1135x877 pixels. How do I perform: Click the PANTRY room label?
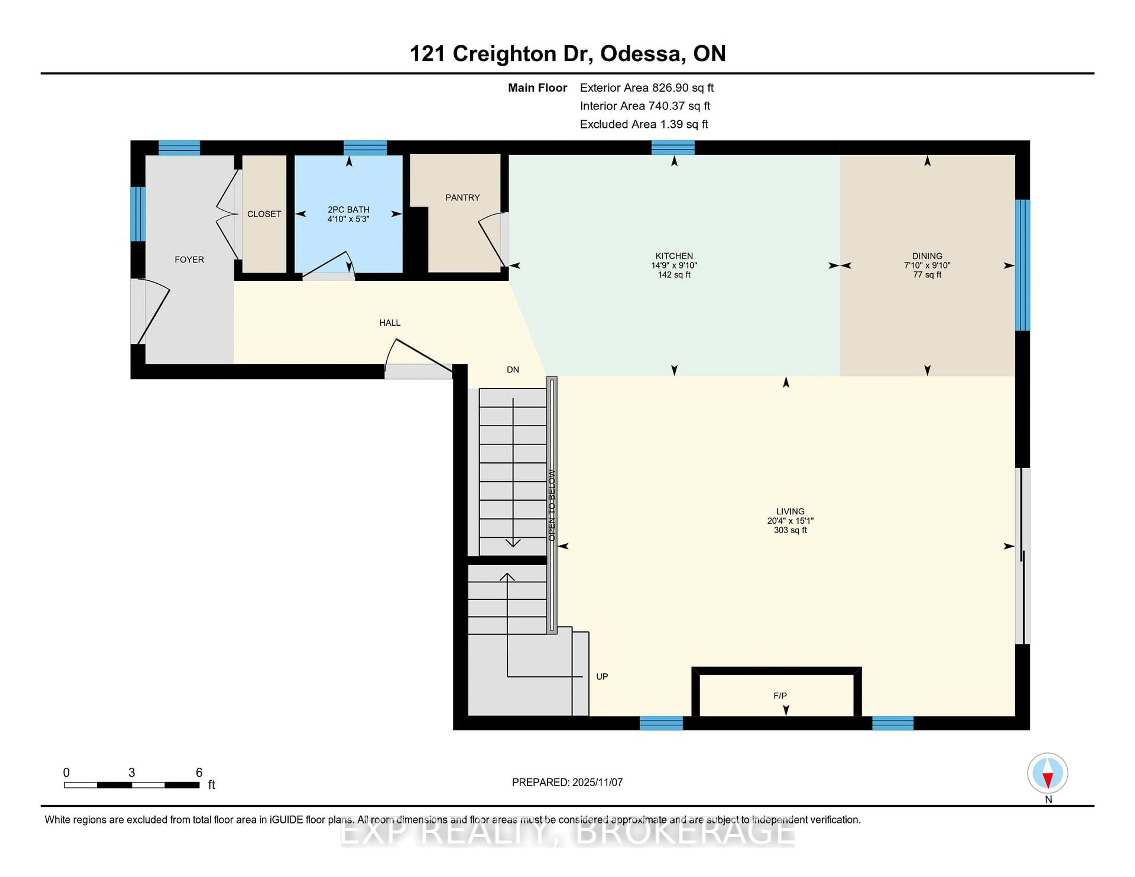462,197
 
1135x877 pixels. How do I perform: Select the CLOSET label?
264,214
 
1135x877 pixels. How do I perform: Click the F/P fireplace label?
779,696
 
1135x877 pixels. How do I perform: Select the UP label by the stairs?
602,676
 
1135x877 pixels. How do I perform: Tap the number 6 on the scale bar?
199,773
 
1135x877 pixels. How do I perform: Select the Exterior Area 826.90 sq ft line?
646,88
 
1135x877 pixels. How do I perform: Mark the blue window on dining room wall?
1022,265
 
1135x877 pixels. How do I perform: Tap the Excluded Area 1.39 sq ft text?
643,124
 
